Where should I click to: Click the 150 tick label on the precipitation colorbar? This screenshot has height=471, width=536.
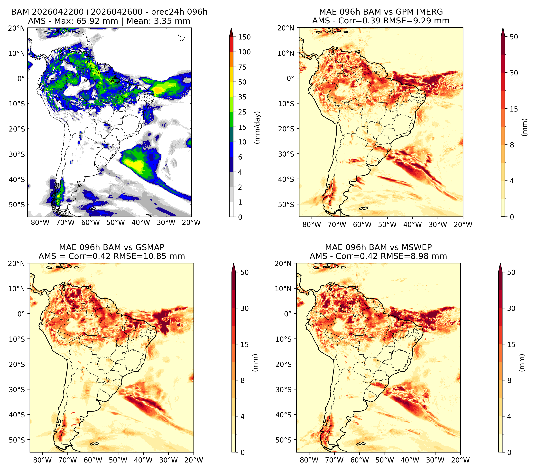coord(244,37)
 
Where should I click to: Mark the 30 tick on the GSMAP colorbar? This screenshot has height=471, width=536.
coord(244,308)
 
